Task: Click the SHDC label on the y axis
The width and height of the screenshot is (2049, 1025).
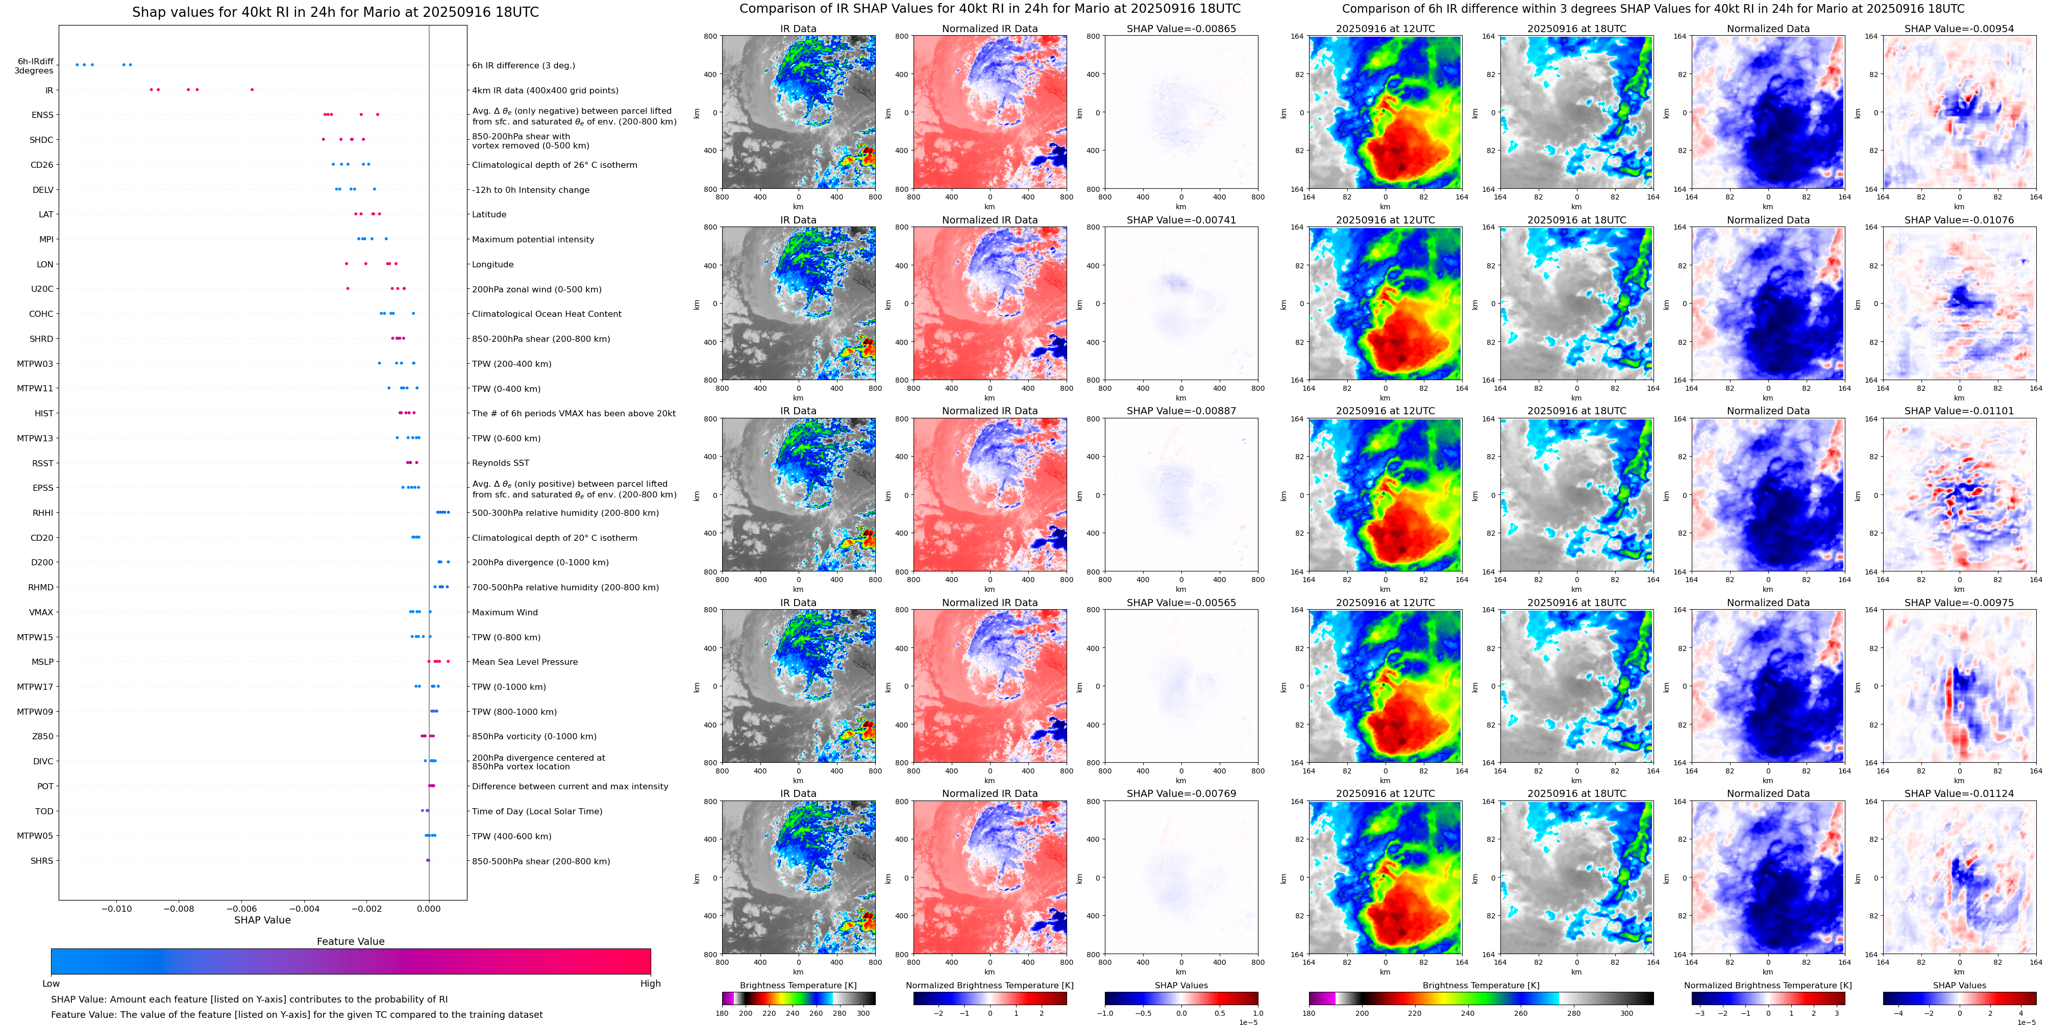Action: [x=41, y=140]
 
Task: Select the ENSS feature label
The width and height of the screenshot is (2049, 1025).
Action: [x=42, y=115]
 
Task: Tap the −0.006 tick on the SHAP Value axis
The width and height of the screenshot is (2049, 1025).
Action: [x=241, y=908]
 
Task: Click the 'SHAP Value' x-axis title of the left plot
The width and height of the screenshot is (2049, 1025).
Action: [x=262, y=920]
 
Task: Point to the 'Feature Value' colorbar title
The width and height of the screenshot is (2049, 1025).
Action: [x=350, y=941]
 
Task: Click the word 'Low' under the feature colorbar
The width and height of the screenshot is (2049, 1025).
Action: [x=51, y=984]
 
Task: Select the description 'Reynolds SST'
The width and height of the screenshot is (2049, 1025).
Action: [x=500, y=463]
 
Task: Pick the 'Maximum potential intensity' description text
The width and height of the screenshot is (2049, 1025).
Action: [x=532, y=239]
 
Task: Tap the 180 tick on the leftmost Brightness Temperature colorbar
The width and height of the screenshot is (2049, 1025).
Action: [x=722, y=1013]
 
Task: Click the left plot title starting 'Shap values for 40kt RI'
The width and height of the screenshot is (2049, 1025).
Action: [x=335, y=12]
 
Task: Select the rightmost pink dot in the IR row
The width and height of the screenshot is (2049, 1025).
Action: [x=252, y=90]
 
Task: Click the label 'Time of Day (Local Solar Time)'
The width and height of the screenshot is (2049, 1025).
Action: [x=537, y=811]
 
